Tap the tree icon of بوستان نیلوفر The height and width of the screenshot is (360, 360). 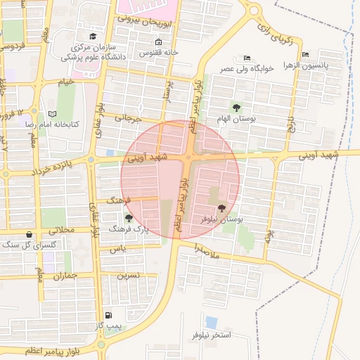pos(222,208)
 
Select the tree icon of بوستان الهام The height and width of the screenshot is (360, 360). pos(236,108)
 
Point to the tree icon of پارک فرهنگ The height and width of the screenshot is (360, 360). pos(128,218)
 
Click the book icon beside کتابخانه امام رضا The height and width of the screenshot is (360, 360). pos(52,113)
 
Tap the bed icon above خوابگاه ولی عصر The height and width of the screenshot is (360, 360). pos(245,58)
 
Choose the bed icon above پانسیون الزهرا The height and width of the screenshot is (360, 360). pos(304,53)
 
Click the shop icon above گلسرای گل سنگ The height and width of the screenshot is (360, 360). pos(28,234)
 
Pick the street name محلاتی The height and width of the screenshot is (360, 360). pos(60,230)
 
